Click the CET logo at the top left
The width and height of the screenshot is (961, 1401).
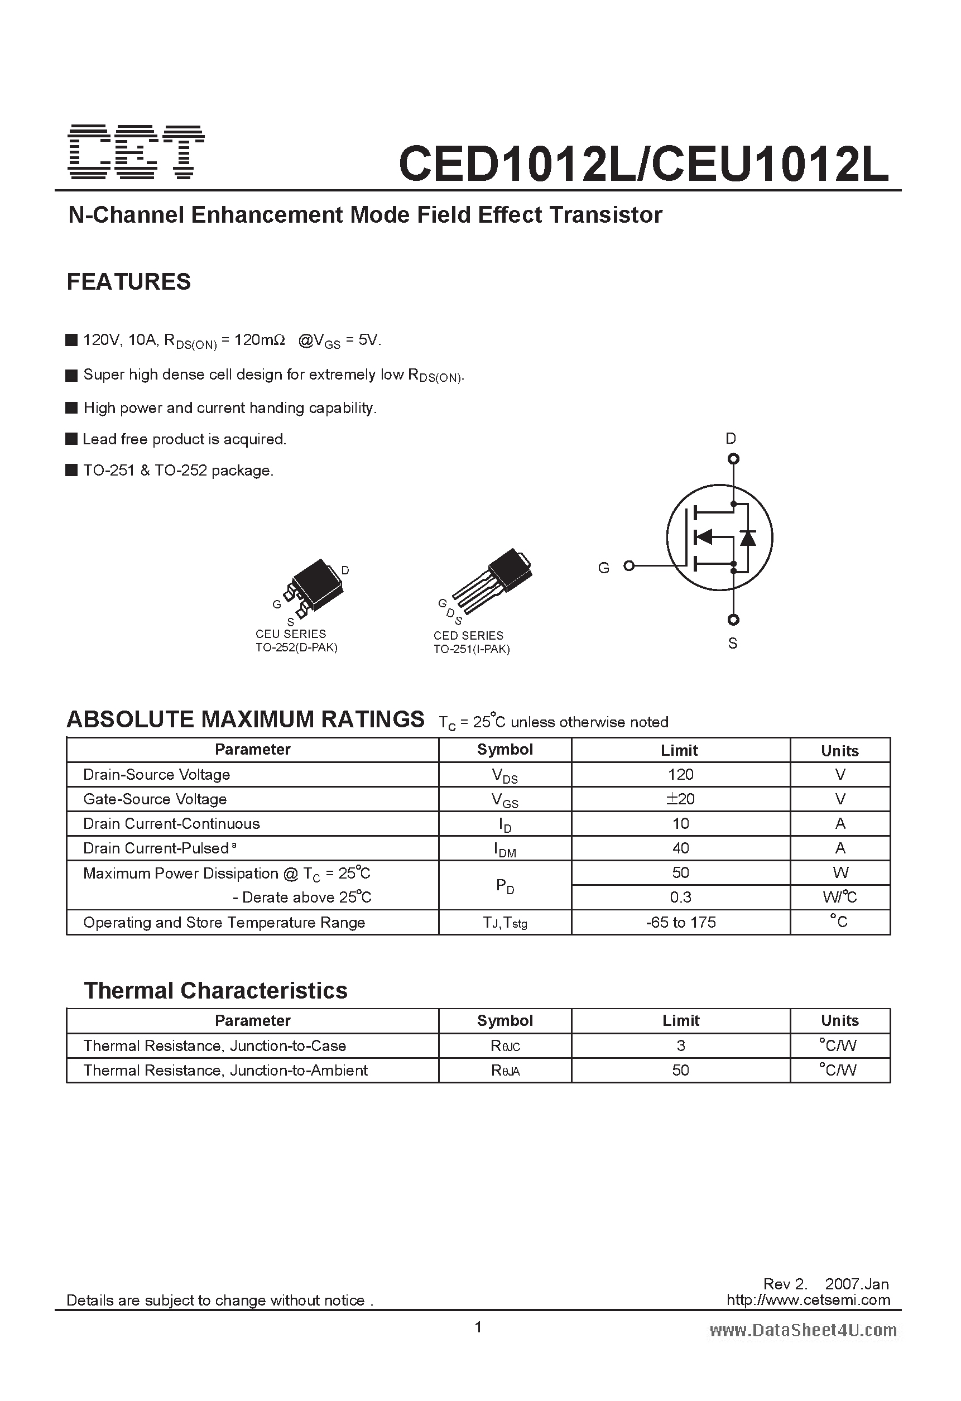click(137, 152)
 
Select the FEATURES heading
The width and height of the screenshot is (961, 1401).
click(128, 281)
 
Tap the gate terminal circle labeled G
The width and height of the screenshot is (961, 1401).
click(629, 565)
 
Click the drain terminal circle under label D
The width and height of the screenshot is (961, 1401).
click(733, 459)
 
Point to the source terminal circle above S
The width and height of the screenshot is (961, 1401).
click(733, 620)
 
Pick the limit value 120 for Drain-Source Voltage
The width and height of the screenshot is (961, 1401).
click(681, 774)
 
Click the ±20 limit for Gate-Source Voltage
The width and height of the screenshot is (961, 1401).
click(681, 799)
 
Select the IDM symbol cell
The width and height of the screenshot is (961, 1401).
click(504, 849)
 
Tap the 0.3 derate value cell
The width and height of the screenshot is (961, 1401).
click(681, 897)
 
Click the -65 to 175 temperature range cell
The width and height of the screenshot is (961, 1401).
click(681, 922)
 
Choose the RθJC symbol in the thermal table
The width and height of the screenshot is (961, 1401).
click(504, 1046)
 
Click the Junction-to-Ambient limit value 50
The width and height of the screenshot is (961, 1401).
click(681, 1070)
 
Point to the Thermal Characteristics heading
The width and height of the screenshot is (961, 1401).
click(215, 990)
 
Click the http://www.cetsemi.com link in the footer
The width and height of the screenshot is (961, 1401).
click(808, 1300)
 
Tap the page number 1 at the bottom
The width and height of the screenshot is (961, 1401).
click(478, 1327)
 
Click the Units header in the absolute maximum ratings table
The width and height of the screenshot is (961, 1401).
click(839, 751)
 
